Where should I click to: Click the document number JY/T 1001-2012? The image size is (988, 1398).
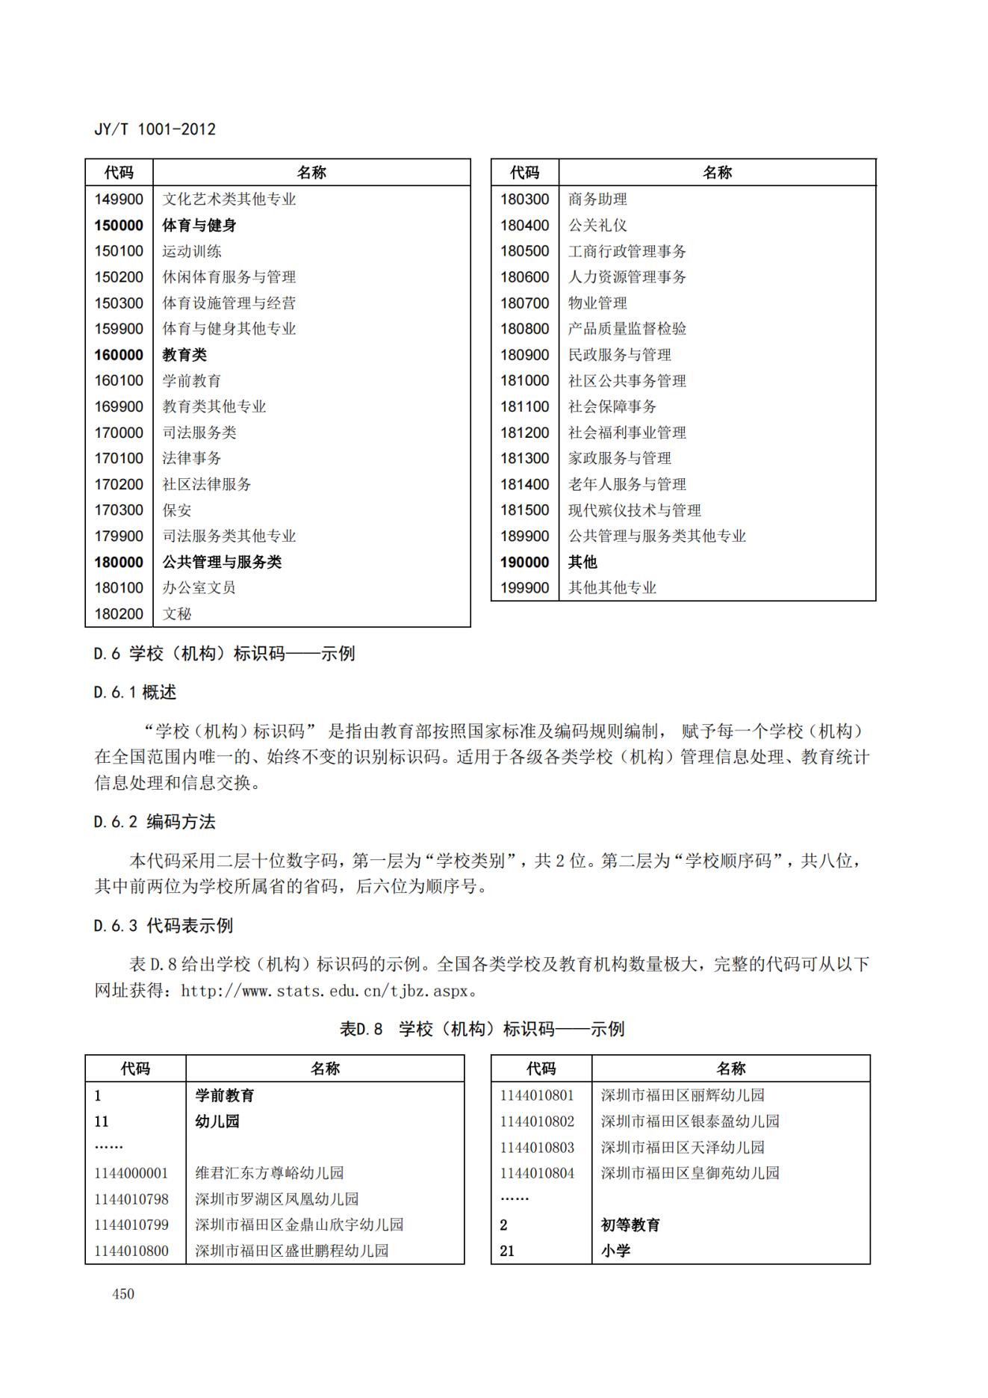coord(155,129)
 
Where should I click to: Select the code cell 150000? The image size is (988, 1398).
coord(119,225)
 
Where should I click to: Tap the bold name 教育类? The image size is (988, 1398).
coord(184,355)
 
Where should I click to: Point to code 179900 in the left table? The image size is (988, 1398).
coord(119,536)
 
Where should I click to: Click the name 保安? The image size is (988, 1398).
coord(177,510)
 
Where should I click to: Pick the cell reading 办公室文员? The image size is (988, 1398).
coord(199,588)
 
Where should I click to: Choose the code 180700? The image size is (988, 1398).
coord(524,303)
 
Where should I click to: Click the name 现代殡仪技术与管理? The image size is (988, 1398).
coord(634,510)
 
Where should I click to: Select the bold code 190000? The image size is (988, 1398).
coord(524,562)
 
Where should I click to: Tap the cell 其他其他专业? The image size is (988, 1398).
coord(612,588)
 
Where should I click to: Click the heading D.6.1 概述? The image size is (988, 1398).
coord(135,693)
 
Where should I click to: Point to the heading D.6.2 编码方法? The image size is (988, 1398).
coord(155,822)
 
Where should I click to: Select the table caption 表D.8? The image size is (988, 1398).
coord(361,1029)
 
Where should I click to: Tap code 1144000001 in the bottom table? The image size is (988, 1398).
coord(131,1173)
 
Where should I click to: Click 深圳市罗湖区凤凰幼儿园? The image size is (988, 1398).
coord(276,1199)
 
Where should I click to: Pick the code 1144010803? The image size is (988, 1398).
coord(537,1147)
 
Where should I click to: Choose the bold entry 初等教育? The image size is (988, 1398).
coord(630,1225)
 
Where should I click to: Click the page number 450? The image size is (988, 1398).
coord(123,1294)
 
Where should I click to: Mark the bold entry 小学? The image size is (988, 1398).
coord(615,1251)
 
